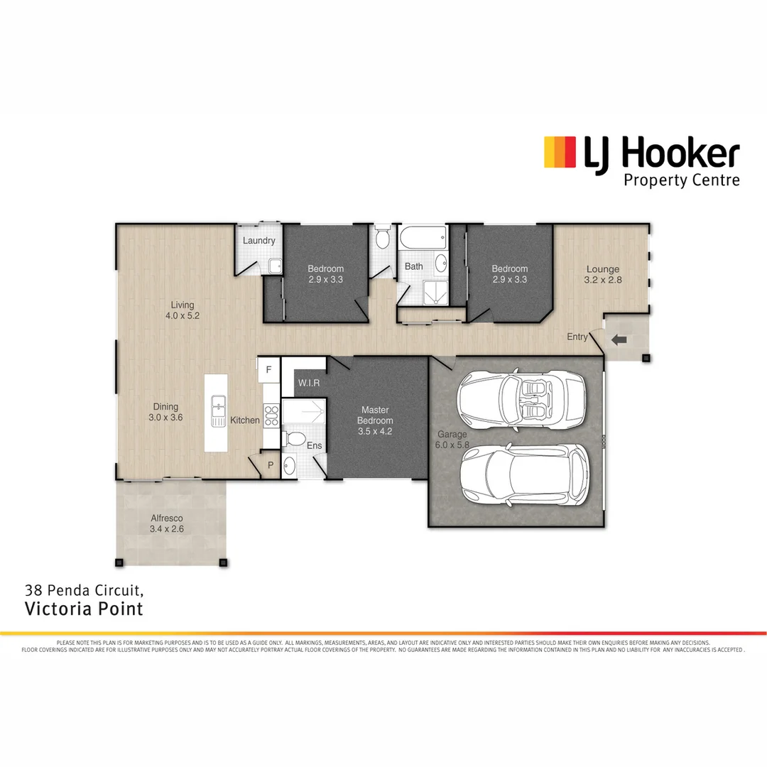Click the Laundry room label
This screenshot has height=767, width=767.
pyautogui.click(x=259, y=241)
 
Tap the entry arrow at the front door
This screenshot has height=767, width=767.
pyautogui.click(x=619, y=340)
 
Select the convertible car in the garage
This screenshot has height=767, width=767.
pyautogui.click(x=522, y=400)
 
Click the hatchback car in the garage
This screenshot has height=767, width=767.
pyautogui.click(x=524, y=475)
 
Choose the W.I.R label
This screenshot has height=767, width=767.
pyautogui.click(x=309, y=383)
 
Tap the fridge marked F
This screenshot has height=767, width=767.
pyautogui.click(x=268, y=370)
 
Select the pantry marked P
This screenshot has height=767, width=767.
pyautogui.click(x=271, y=465)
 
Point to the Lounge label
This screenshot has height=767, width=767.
pyautogui.click(x=602, y=269)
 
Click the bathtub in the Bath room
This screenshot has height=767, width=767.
pyautogui.click(x=423, y=238)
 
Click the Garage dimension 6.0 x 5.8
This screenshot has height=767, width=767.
pyautogui.click(x=452, y=445)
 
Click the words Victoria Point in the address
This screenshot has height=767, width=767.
pyautogui.click(x=84, y=609)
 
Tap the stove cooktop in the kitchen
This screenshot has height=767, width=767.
pyautogui.click(x=271, y=415)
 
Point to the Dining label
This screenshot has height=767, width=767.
pyautogui.click(x=165, y=407)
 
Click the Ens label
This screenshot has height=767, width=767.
pyautogui.click(x=314, y=446)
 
